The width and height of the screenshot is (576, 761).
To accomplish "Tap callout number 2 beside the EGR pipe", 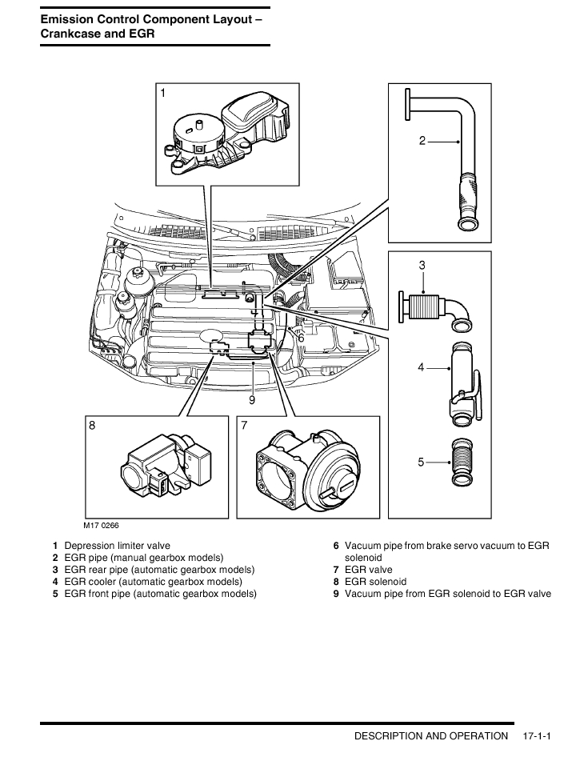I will (x=422, y=141).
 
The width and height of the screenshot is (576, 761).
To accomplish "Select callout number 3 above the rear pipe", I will (x=422, y=265).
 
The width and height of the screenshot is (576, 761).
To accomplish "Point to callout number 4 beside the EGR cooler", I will (x=421, y=367).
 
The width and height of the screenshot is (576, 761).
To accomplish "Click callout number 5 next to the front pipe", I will (x=421, y=462).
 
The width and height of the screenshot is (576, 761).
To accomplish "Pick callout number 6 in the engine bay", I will (x=301, y=338).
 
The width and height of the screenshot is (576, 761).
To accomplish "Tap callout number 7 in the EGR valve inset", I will (x=244, y=427).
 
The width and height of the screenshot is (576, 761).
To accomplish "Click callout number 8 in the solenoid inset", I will (x=92, y=427).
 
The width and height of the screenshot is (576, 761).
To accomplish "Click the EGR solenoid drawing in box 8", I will (x=164, y=467).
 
